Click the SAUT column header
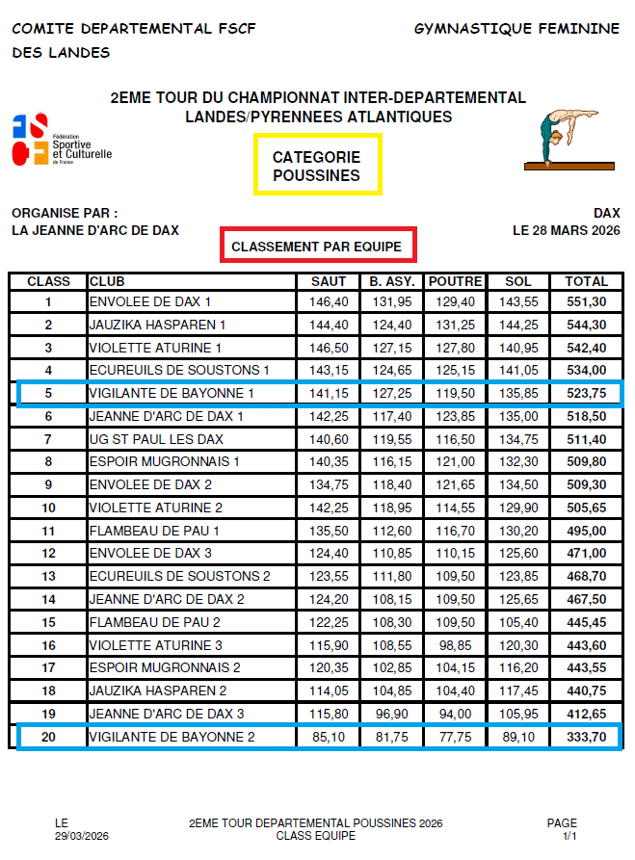point(330,281)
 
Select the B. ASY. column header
point(392,281)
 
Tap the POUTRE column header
point(455,281)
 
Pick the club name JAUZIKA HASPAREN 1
point(158,325)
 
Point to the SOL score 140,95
point(517,348)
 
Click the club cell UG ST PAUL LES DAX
point(156,439)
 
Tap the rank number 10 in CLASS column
point(48,508)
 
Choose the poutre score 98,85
point(456,645)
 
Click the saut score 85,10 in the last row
point(330,737)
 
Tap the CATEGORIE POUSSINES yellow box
point(317,166)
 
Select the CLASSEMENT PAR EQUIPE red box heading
point(317,247)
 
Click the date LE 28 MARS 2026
point(567,230)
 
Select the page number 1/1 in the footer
point(569,836)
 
